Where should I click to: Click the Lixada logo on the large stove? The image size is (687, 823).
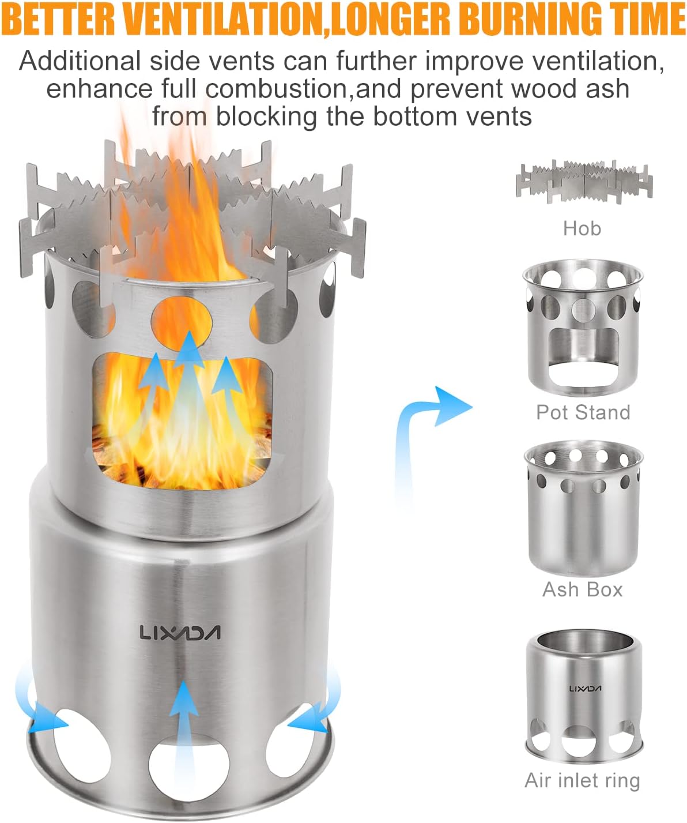pos(180,633)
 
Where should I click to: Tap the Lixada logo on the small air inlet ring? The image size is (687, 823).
pos(585,689)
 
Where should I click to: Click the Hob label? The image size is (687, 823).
pos(582,228)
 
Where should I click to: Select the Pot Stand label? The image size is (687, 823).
pos(583,412)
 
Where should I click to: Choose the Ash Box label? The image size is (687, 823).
pos(583,589)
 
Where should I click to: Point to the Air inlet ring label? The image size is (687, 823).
pos(582,780)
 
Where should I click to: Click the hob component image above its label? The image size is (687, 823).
pos(584,182)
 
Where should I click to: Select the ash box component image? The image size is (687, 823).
pos(583,508)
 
